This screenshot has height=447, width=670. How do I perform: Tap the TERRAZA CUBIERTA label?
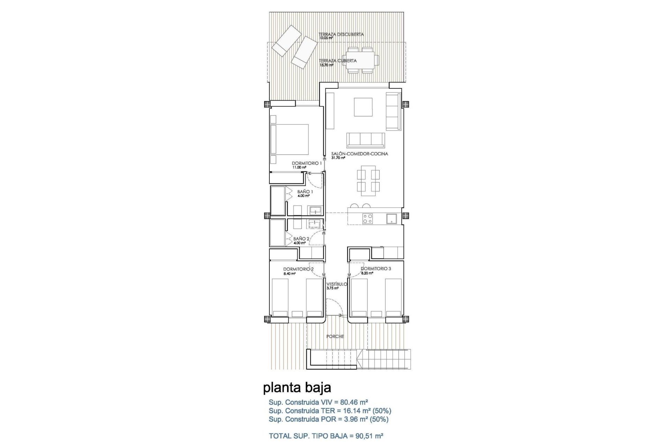coord(337,61)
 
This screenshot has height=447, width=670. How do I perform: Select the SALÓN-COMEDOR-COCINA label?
coord(359,154)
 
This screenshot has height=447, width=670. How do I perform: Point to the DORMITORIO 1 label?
coord(307,163)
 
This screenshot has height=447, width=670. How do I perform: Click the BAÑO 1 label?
coord(305,192)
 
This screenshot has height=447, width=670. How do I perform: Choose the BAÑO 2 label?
coord(301,239)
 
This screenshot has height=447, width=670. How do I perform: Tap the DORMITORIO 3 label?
coord(376,269)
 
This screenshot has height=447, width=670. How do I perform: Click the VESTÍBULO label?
coord(336,284)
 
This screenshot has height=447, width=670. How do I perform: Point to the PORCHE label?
coord(335,337)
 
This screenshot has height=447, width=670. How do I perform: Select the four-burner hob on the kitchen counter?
coord(367,219)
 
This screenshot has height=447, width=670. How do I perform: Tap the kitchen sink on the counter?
coord(391,219)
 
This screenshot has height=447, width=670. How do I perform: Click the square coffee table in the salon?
coord(363,107)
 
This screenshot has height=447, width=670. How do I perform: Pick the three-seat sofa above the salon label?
coord(366,140)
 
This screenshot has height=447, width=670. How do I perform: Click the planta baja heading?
coord(297,388)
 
